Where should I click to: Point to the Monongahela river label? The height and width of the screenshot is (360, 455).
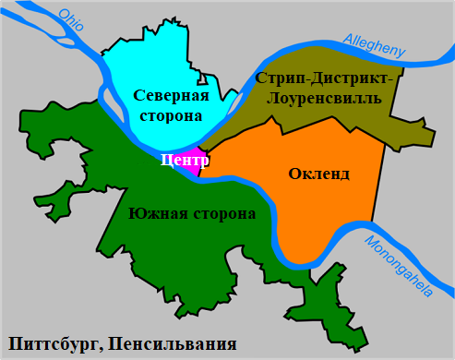(x=398, y=268)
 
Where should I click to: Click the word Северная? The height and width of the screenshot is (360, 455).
(x=171, y=95)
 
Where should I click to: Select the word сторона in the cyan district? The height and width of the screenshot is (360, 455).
(x=172, y=116)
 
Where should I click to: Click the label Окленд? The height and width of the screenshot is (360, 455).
(x=320, y=174)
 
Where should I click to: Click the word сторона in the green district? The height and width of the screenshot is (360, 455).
(x=222, y=214)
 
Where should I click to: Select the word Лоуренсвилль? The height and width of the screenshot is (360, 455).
(x=329, y=98)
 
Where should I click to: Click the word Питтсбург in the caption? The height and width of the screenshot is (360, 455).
(x=53, y=344)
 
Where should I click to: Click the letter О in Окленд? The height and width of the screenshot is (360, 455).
(x=294, y=174)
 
